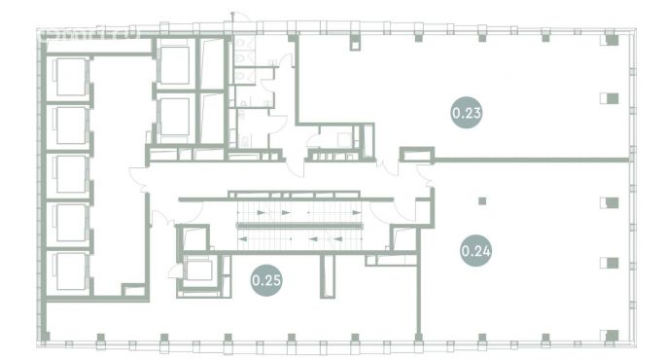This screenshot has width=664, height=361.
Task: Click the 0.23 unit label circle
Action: (x=467, y=113)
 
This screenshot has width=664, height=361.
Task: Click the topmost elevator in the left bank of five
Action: (x=71, y=78)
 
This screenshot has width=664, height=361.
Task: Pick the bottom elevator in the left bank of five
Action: (x=71, y=270)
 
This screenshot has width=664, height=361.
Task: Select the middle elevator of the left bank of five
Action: (x=71, y=173)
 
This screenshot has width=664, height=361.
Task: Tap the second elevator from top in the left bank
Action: (x=71, y=126)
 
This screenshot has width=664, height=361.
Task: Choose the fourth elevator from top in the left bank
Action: (x=71, y=222)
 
